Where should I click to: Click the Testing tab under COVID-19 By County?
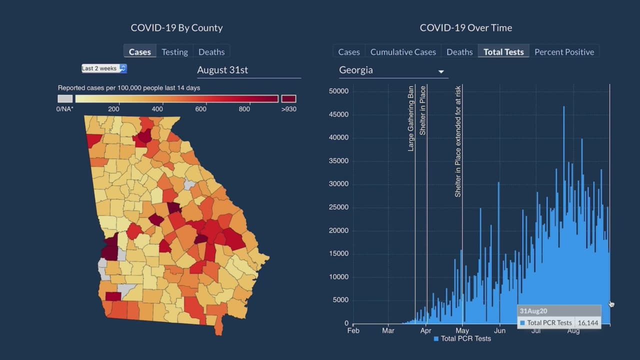(x=174, y=52)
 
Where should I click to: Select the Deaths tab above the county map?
(x=211, y=52)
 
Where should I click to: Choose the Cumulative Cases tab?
(x=403, y=52)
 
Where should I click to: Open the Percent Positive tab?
(x=564, y=52)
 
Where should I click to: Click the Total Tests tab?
(x=503, y=52)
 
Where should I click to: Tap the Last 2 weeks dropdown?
(x=104, y=68)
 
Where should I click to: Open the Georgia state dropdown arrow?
(x=441, y=71)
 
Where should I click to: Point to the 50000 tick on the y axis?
(x=338, y=91)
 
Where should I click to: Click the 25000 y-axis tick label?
(x=338, y=207)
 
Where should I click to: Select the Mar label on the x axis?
(x=388, y=330)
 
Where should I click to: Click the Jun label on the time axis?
(x=499, y=330)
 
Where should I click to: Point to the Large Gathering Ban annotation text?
(x=411, y=118)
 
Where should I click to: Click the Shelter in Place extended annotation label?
(x=458, y=141)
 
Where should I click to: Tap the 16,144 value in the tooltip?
(x=587, y=323)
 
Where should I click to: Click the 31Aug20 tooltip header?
(x=530, y=311)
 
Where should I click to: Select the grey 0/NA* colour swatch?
(x=65, y=99)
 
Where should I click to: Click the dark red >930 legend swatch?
(x=288, y=99)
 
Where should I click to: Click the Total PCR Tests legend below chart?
(x=462, y=339)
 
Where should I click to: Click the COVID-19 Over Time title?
(x=465, y=28)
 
